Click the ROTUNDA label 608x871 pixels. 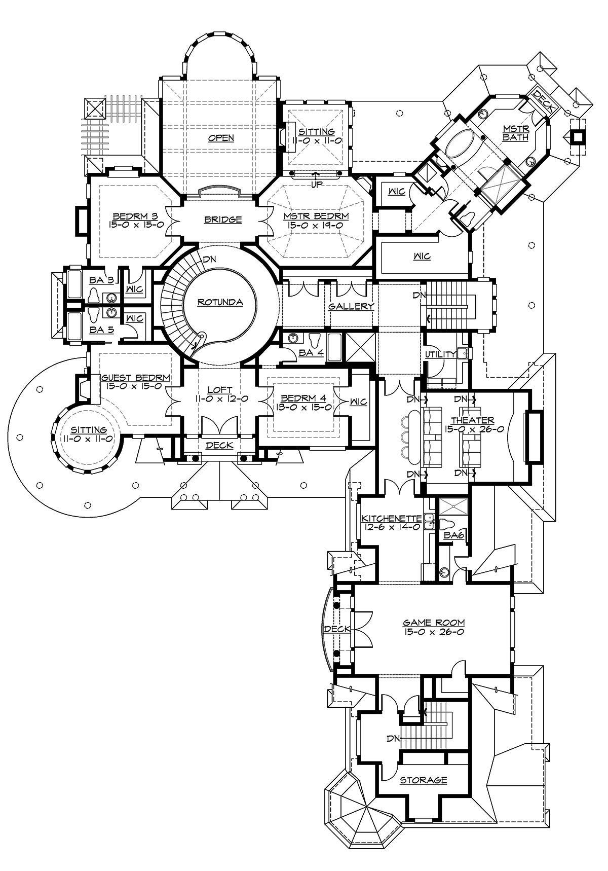pyautogui.click(x=220, y=303)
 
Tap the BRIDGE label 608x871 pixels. pyautogui.click(x=222, y=220)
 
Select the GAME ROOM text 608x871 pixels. pyautogui.click(x=434, y=623)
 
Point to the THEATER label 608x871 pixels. pyautogui.click(x=473, y=420)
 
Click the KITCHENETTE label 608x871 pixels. pyautogui.click(x=392, y=519)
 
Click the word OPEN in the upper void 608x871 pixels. pyautogui.click(x=222, y=138)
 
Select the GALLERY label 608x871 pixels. pyautogui.click(x=351, y=306)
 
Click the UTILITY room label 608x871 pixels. pyautogui.click(x=440, y=354)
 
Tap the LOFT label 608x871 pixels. pyautogui.click(x=220, y=390)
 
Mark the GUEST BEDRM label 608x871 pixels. pyautogui.click(x=135, y=378)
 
